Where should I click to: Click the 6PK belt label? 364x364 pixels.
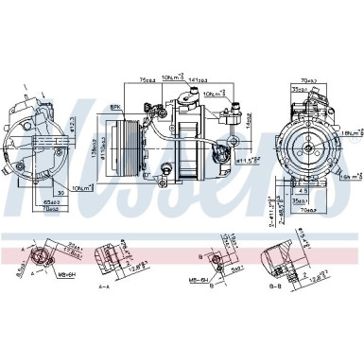click(116, 110)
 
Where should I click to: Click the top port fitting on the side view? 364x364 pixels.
click(197, 95)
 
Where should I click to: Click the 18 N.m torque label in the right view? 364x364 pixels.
click(351, 121)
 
